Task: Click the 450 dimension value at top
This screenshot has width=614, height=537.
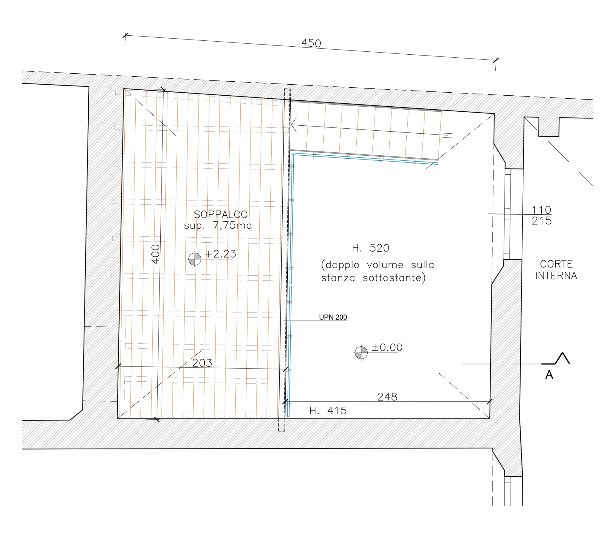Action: pyautogui.click(x=311, y=43)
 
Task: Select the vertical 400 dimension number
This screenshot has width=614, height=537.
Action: pyautogui.click(x=156, y=254)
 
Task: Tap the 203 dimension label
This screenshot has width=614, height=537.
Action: pyautogui.click(x=202, y=363)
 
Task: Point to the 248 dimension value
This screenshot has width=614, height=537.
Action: pyautogui.click(x=387, y=397)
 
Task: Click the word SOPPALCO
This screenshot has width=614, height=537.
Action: pyautogui.click(x=220, y=214)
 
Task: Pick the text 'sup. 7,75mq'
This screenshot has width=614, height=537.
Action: pyautogui.click(x=218, y=225)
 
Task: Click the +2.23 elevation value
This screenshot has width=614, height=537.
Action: pyautogui.click(x=220, y=254)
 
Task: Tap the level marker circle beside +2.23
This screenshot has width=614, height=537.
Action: pyautogui.click(x=195, y=259)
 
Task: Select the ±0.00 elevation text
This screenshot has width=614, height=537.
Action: pyautogui.click(x=387, y=347)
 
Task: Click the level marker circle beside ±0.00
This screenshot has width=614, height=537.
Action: pyautogui.click(x=361, y=352)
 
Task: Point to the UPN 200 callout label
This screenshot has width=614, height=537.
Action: pyautogui.click(x=333, y=317)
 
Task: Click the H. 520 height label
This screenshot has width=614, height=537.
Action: pyautogui.click(x=371, y=248)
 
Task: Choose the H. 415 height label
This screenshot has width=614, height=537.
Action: pyautogui.click(x=328, y=410)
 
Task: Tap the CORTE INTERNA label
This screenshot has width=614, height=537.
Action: pyautogui.click(x=556, y=270)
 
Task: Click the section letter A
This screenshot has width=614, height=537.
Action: pyautogui.click(x=549, y=375)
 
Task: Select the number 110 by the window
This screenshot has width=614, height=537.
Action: pyautogui.click(x=541, y=210)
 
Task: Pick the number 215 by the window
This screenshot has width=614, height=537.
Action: pyautogui.click(x=541, y=221)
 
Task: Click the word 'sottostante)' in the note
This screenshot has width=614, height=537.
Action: pyautogui.click(x=394, y=278)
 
